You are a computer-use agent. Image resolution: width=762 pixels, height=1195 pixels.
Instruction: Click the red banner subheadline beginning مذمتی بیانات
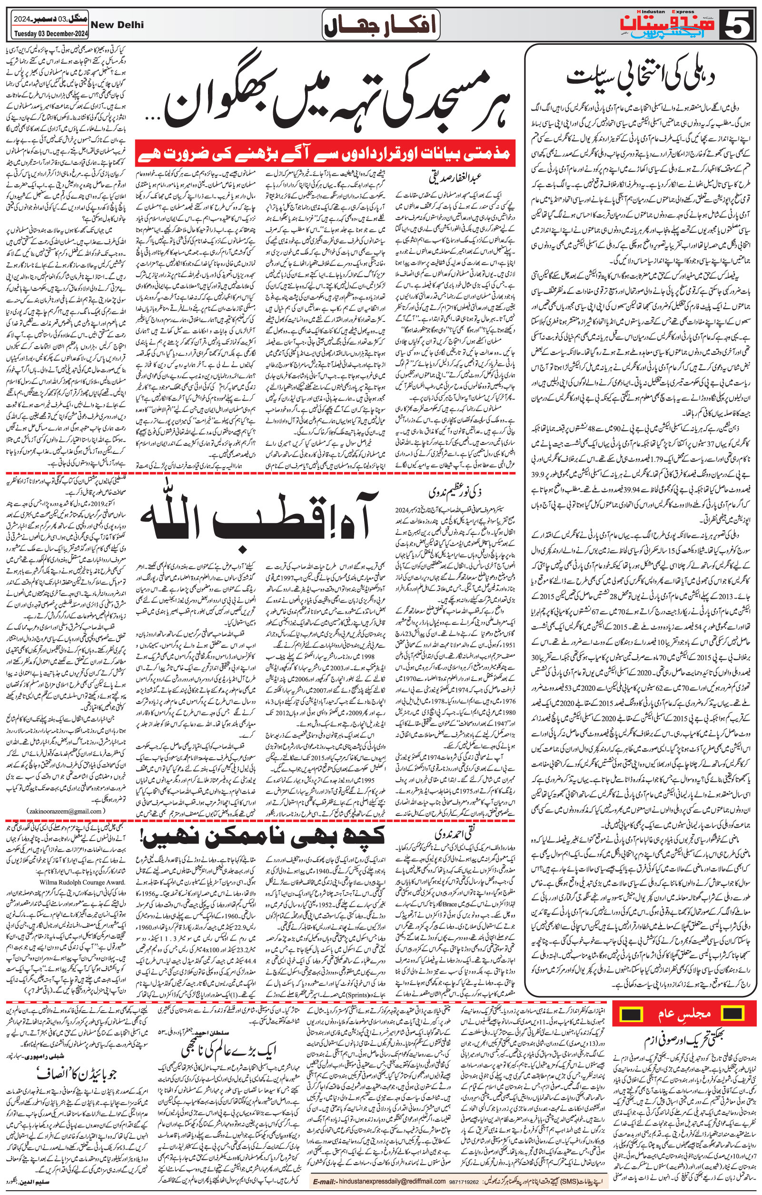pos(325,154)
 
